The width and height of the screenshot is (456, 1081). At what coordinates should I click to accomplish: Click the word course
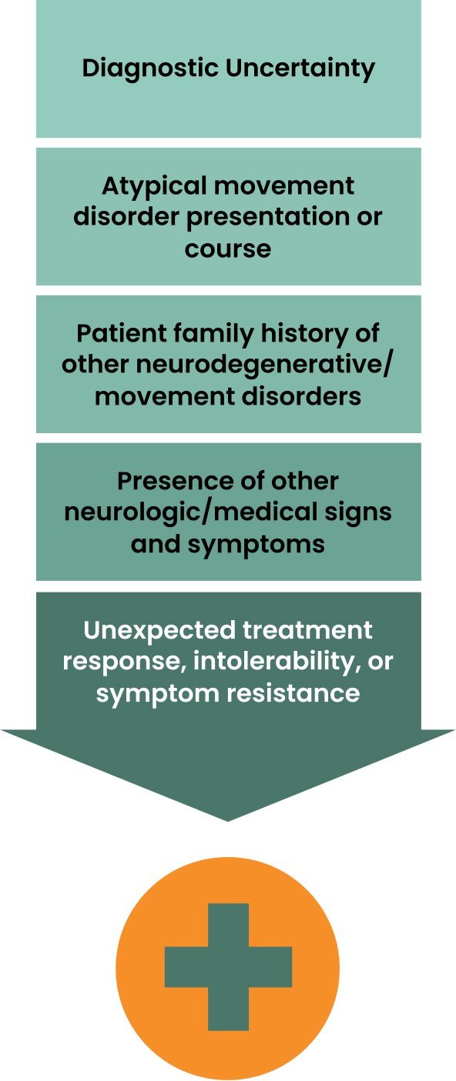(x=227, y=249)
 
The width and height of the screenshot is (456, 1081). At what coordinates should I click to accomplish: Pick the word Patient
(x=123, y=333)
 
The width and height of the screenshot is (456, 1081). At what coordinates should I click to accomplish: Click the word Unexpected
(x=159, y=631)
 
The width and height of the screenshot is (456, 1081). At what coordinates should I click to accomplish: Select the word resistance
(x=293, y=693)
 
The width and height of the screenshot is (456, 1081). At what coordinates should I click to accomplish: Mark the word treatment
(x=307, y=630)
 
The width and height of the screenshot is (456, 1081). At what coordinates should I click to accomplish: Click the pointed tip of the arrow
(x=227, y=821)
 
